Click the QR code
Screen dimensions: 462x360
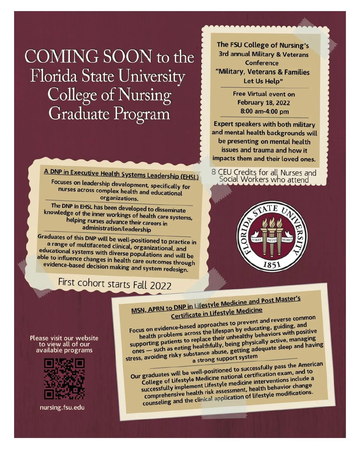pyautogui.click(x=64, y=379)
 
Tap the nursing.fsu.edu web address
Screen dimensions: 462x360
pyautogui.click(x=62, y=408)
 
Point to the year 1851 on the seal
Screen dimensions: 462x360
pyautogui.click(x=272, y=264)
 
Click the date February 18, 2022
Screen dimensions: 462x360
pyautogui.click(x=264, y=103)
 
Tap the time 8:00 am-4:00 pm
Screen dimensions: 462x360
pyautogui.click(x=265, y=112)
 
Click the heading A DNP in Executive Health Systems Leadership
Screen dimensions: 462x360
pyautogui.click(x=121, y=174)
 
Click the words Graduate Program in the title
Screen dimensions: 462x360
pyautogui.click(x=109, y=114)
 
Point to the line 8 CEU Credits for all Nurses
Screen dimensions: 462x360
pyautogui.click(x=264, y=172)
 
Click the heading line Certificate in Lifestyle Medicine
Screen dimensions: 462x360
pyautogui.click(x=216, y=313)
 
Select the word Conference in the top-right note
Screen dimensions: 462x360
pyautogui.click(x=262, y=63)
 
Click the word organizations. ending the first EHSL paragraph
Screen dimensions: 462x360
pyautogui.click(x=119, y=198)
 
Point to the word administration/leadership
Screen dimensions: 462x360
pyautogui.click(x=116, y=229)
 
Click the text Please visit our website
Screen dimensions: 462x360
pyautogui.click(x=64, y=338)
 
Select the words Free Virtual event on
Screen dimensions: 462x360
pyautogui.click(x=264, y=94)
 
